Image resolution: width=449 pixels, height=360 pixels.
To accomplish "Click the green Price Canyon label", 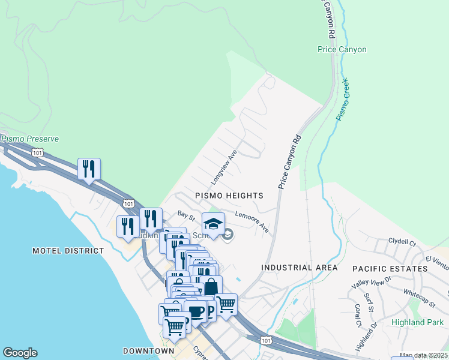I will (342, 49).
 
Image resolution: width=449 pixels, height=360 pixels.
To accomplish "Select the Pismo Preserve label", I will (30, 139).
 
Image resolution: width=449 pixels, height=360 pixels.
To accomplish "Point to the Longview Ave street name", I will (224, 168).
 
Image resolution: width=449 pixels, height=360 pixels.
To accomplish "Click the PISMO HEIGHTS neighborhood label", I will (229, 196).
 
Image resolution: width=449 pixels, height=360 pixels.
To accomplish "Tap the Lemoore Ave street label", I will (252, 221).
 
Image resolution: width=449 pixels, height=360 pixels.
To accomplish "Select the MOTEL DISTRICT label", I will (68, 251).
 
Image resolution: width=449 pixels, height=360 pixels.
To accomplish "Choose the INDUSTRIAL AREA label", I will (299, 268).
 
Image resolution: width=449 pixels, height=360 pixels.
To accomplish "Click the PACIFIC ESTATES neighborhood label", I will (390, 268).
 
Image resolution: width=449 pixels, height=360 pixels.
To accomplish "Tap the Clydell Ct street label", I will (402, 244).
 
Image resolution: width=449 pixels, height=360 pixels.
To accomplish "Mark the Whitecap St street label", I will (420, 298).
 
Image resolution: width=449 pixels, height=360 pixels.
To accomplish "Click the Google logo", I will (20, 353).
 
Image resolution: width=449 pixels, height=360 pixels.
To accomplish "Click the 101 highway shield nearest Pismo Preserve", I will (38, 153).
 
